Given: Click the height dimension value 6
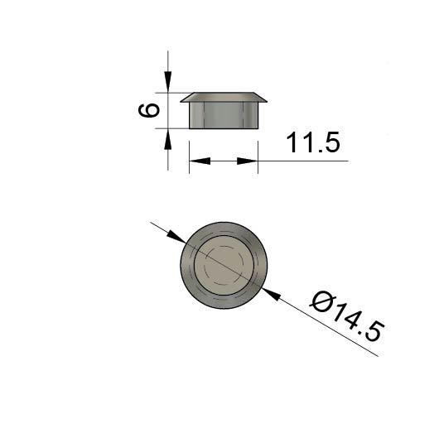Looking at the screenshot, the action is [149, 110].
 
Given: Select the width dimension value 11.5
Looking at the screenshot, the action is [313, 142].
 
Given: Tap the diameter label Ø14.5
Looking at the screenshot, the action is [347, 316].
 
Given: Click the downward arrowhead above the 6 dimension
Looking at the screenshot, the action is [167, 82].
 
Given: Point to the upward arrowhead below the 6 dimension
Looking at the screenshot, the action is [167, 139].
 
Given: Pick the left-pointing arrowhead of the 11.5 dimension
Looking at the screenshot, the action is [200, 161].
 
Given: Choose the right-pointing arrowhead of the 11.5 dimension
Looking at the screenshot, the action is [247, 161].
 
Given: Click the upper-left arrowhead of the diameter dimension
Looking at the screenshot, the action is [176, 237].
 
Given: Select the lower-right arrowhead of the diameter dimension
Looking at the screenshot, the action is [271, 294].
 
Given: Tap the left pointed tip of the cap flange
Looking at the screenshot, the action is [181, 102].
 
